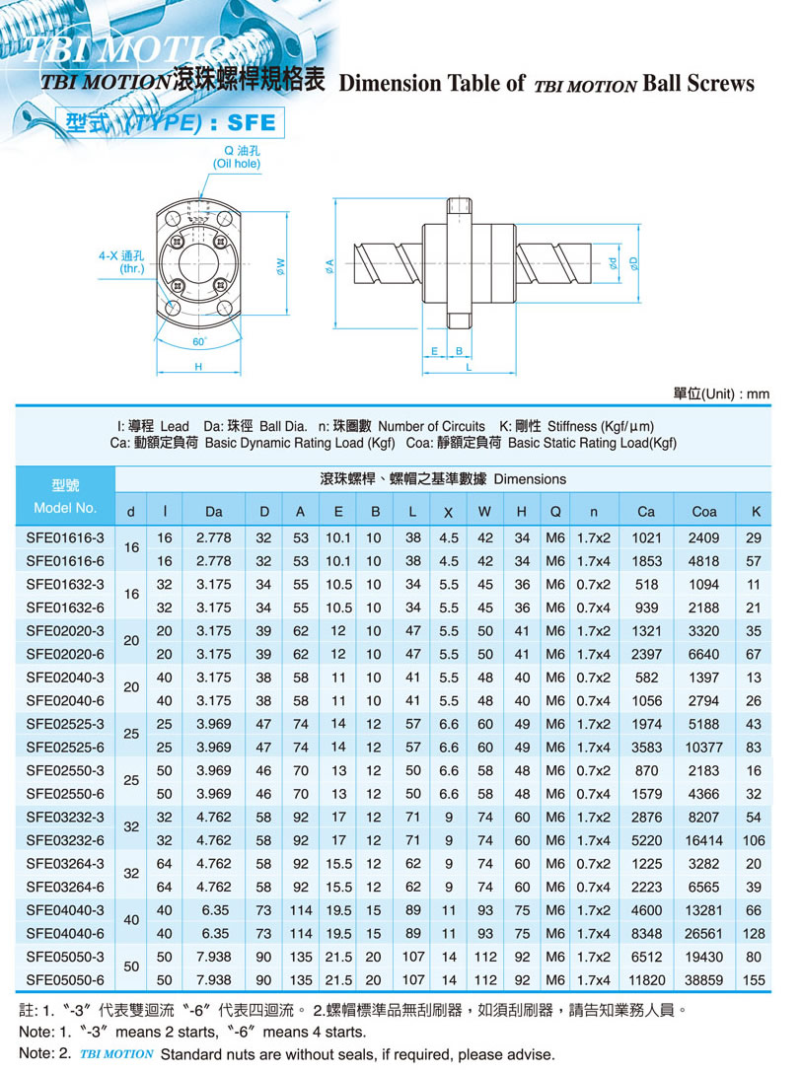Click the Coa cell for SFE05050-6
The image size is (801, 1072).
(x=703, y=979)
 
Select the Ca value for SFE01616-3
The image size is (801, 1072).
(x=646, y=538)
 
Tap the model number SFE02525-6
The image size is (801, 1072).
(x=65, y=748)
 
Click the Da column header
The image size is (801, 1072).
(x=213, y=512)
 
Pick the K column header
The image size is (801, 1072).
(x=756, y=512)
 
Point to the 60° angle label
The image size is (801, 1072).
(x=199, y=342)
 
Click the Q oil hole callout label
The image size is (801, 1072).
(x=237, y=157)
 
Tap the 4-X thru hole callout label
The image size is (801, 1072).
(x=121, y=262)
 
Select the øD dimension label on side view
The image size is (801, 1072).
(x=634, y=263)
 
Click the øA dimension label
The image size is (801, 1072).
(x=329, y=265)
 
